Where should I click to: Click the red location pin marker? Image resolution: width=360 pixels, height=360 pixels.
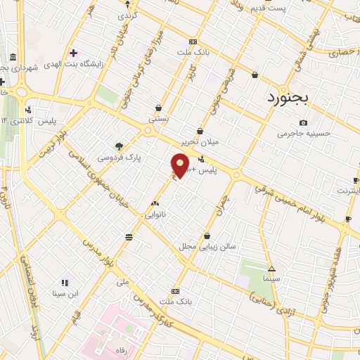click(180, 166)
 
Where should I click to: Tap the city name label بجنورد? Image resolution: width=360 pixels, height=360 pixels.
click(288, 98)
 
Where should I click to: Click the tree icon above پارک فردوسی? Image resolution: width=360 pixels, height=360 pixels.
click(119, 146)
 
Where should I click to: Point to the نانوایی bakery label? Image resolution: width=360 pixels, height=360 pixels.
click(155, 214)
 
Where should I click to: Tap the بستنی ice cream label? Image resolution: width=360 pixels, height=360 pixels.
click(158, 120)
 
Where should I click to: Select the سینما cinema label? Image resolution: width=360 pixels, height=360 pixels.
click(271, 278)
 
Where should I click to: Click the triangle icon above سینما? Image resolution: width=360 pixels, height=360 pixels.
click(271, 268)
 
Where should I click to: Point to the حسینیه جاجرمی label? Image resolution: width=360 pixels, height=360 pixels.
click(302, 134)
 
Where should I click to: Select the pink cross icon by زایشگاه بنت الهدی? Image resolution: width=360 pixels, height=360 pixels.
click(74, 53)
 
